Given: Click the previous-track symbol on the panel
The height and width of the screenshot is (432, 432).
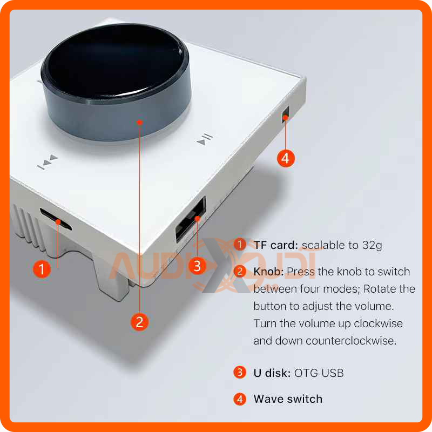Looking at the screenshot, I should click(x=48, y=162).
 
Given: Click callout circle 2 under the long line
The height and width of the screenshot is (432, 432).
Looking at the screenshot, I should click(x=139, y=322).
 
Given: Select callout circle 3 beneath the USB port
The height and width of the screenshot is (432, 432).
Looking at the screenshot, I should click(x=197, y=266).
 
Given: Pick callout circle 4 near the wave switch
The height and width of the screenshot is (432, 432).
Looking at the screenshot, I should click(x=286, y=158).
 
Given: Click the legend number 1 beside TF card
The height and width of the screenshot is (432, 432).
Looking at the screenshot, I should click(x=239, y=245).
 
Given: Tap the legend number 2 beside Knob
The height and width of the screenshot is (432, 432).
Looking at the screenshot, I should click(x=239, y=271).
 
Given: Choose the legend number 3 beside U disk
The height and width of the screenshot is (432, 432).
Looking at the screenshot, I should click(x=239, y=373).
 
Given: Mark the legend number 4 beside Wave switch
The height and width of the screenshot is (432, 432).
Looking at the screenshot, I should click(x=239, y=399).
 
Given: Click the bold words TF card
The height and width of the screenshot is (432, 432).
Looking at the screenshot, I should click(x=275, y=245).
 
